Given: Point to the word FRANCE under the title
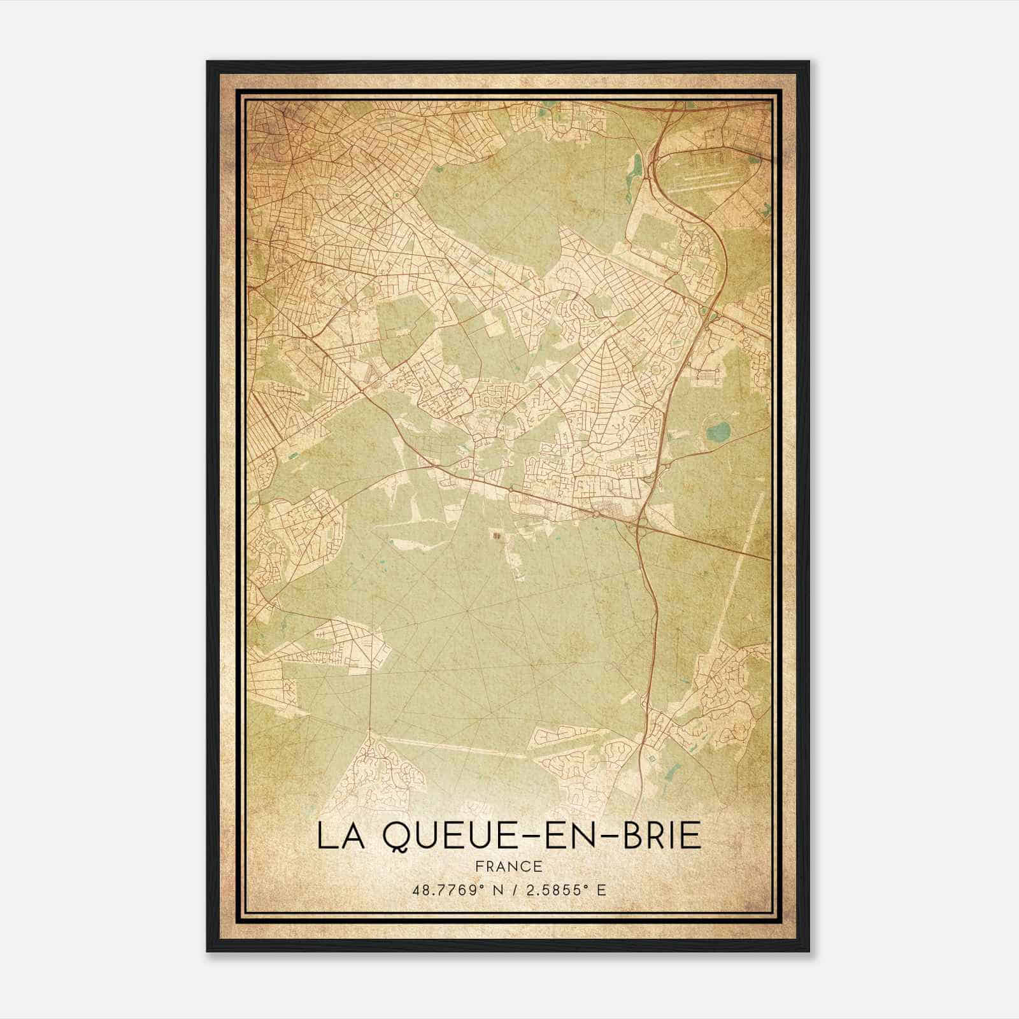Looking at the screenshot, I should (508, 866).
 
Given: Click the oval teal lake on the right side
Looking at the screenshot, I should (718, 433).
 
